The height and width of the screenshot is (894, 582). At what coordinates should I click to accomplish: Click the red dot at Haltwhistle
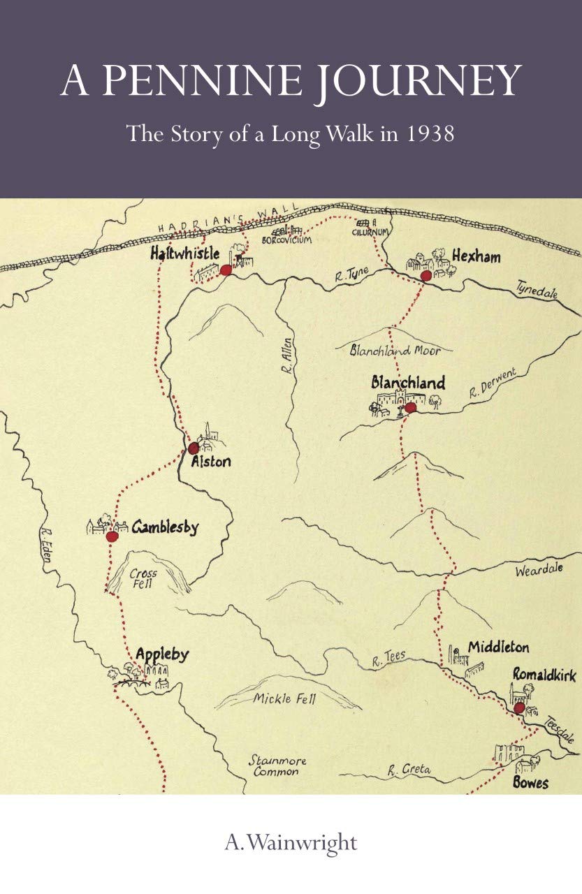tap(226, 270)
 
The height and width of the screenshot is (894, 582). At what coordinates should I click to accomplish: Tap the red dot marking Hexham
tap(426, 276)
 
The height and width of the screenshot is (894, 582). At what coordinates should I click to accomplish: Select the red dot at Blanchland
tap(410, 407)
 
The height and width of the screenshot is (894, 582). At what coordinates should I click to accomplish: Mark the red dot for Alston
tap(194, 448)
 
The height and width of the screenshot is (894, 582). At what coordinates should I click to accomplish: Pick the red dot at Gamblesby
tap(112, 536)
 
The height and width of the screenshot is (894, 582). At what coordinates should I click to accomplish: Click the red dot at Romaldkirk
tap(519, 708)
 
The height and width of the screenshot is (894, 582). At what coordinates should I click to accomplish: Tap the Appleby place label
tap(162, 654)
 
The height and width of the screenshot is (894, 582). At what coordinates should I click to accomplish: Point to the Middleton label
tap(498, 647)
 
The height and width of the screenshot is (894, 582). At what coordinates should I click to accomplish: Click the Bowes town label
tap(530, 782)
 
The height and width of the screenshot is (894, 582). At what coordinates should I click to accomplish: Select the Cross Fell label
tap(144, 579)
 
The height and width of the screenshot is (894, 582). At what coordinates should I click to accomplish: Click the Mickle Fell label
tap(284, 698)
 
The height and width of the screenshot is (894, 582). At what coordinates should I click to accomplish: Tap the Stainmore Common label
tap(277, 765)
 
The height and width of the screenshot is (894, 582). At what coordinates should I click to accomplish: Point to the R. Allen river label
tap(288, 356)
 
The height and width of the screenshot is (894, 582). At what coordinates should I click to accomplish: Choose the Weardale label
tap(539, 570)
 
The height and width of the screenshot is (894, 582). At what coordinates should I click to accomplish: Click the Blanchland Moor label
tap(395, 351)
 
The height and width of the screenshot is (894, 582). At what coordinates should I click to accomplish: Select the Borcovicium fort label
tap(286, 240)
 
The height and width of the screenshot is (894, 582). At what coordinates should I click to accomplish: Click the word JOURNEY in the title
tap(412, 82)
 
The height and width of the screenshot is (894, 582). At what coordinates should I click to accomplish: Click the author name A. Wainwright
tap(291, 842)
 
